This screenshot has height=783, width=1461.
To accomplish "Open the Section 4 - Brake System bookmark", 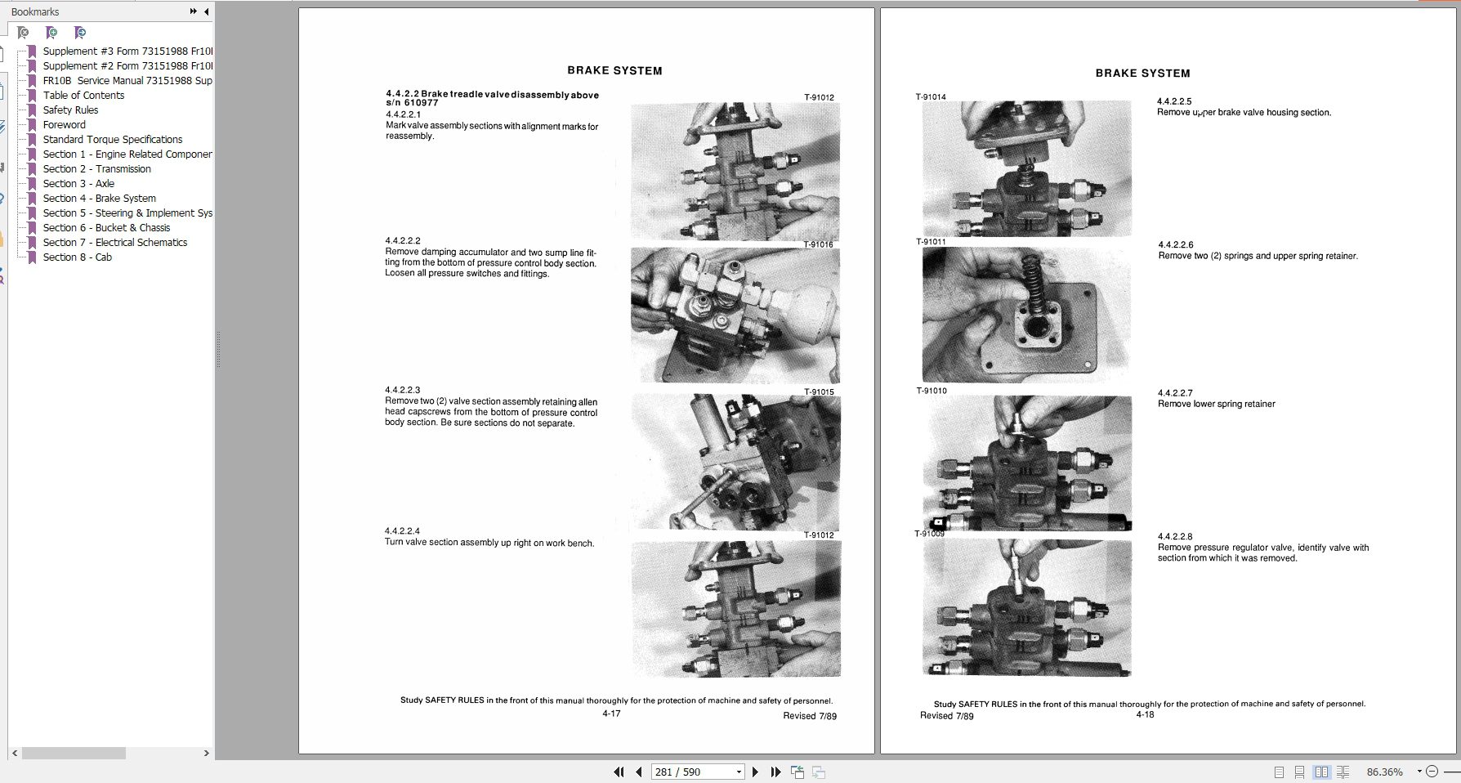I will pyautogui.click(x=99, y=199).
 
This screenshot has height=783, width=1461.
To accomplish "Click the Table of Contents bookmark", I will pyautogui.click(x=83, y=96).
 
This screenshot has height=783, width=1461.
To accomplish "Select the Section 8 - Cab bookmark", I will pyautogui.click(x=77, y=257).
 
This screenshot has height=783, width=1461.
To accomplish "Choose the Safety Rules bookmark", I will pyautogui.click(x=70, y=110).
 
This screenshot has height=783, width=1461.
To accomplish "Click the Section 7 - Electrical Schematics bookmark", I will pyautogui.click(x=114, y=243).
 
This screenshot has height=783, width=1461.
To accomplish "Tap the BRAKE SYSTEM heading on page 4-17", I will pyautogui.click(x=614, y=71).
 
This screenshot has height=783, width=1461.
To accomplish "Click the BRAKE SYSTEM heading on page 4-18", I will pyautogui.click(x=1142, y=74).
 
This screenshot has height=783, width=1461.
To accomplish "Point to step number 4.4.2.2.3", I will pyautogui.click(x=402, y=391).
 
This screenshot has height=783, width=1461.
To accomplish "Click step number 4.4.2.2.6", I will pyautogui.click(x=1175, y=245).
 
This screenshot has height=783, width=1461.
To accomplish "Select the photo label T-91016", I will pyautogui.click(x=818, y=244).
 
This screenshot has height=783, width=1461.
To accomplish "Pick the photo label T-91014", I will pyautogui.click(x=931, y=97).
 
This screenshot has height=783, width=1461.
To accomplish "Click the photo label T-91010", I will pyautogui.click(x=932, y=391).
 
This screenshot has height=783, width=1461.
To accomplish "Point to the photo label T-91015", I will pyautogui.click(x=818, y=392).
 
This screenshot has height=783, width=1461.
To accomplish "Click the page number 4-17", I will pyautogui.click(x=611, y=714).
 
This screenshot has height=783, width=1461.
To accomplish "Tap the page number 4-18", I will pyautogui.click(x=1145, y=714).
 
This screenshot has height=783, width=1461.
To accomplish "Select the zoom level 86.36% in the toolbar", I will pyautogui.click(x=1384, y=772).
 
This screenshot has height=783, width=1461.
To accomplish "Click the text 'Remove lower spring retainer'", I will pyautogui.click(x=1216, y=404).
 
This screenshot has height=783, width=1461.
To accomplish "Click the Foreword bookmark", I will pyautogui.click(x=64, y=125).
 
